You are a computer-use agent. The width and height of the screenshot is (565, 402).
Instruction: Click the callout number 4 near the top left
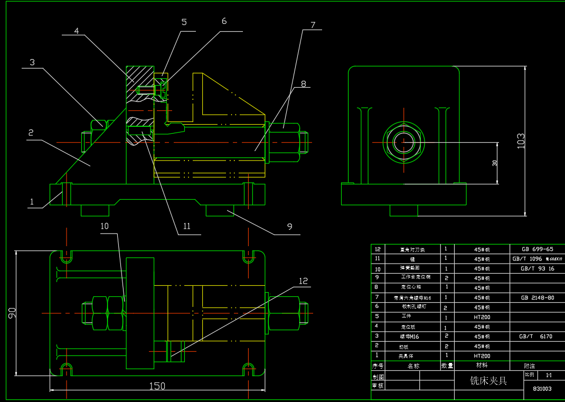77,31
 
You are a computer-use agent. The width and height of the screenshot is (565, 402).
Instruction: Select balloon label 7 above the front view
313,25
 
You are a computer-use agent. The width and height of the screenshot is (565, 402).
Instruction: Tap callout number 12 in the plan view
303,281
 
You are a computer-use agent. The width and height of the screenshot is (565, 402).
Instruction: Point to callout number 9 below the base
289,227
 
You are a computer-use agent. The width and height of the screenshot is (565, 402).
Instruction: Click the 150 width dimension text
157,386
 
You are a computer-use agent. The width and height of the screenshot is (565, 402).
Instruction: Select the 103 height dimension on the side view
521,141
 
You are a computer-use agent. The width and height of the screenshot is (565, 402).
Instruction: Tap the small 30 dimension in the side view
495,163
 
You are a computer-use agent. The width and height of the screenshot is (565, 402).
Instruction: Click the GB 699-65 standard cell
537,249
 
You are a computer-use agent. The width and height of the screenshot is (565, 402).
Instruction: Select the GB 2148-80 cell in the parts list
537,297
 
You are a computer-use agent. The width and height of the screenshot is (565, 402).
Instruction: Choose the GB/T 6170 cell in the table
535,336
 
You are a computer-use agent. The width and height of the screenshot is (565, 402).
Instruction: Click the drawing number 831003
542,388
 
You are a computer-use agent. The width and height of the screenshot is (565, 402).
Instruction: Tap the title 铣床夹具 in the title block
488,380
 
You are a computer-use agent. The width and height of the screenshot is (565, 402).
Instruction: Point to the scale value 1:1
549,375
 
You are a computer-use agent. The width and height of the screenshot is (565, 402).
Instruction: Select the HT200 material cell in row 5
482,317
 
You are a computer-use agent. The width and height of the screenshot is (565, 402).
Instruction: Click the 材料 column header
482,365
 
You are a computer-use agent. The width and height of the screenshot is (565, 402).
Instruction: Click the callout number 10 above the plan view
105,226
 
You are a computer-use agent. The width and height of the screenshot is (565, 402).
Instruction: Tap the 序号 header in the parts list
377,366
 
